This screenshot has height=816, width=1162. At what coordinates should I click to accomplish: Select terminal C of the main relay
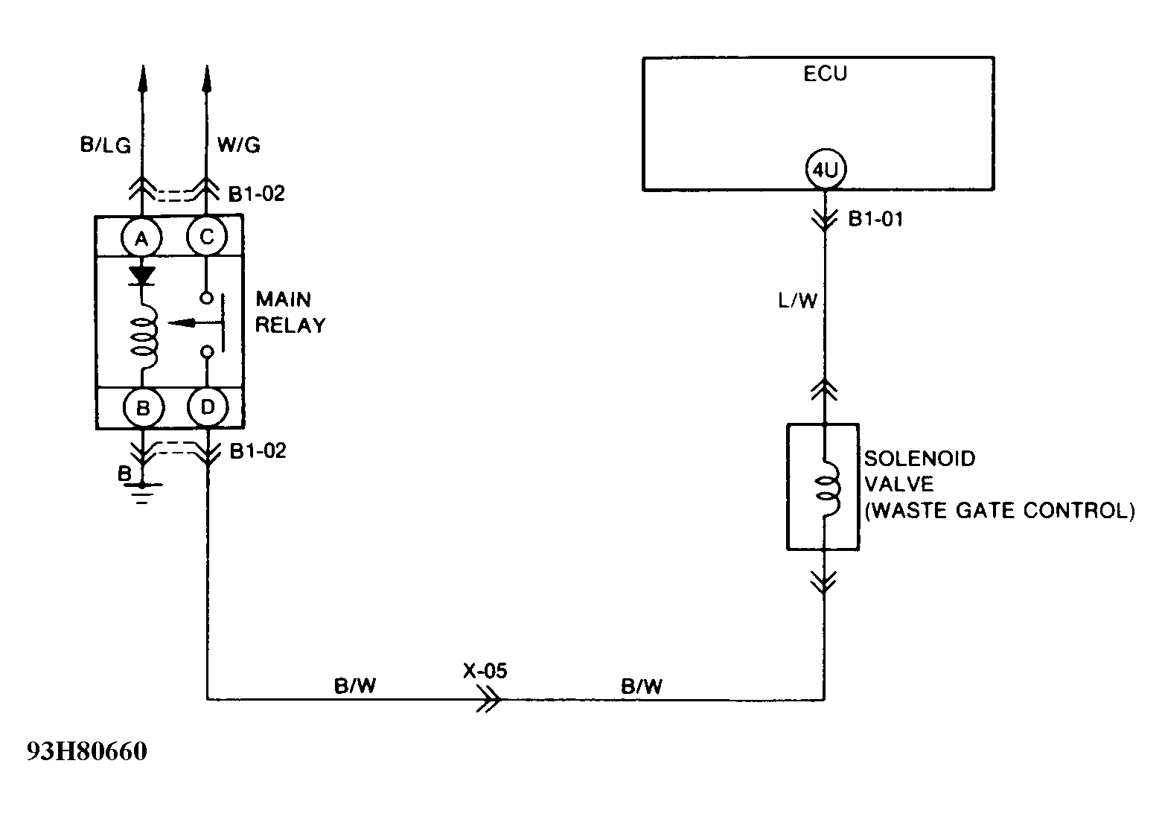pyautogui.click(x=206, y=238)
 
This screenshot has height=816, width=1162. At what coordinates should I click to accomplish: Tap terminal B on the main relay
pyautogui.click(x=141, y=407)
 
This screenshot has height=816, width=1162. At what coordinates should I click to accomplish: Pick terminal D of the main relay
pyautogui.click(x=207, y=407)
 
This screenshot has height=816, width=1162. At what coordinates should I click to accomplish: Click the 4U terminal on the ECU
pyautogui.click(x=825, y=170)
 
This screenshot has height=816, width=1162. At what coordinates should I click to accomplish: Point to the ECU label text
pyautogui.click(x=825, y=74)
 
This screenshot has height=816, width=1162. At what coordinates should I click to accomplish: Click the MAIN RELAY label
pyautogui.click(x=290, y=313)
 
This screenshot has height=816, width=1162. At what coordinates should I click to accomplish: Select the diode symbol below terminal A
pyautogui.click(x=141, y=275)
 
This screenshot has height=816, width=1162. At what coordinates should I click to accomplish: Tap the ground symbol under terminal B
pyautogui.click(x=141, y=491)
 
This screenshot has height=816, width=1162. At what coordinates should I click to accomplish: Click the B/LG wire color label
pyautogui.click(x=105, y=145)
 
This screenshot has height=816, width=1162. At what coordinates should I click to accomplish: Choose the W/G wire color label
pyautogui.click(x=238, y=145)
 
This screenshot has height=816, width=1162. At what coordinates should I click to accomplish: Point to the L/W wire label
pyautogui.click(x=797, y=302)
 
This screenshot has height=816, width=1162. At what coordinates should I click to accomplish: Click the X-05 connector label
pyautogui.click(x=485, y=671)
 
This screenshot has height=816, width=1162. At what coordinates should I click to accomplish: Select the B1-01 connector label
pyautogui.click(x=875, y=220)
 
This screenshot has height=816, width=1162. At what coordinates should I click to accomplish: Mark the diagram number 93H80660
pyautogui.click(x=87, y=752)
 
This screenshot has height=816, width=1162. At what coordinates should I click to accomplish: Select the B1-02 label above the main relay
pyautogui.click(x=256, y=194)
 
